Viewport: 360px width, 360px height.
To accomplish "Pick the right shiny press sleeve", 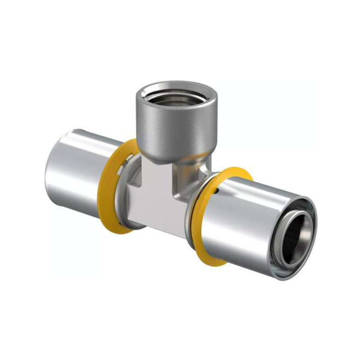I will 252,225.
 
